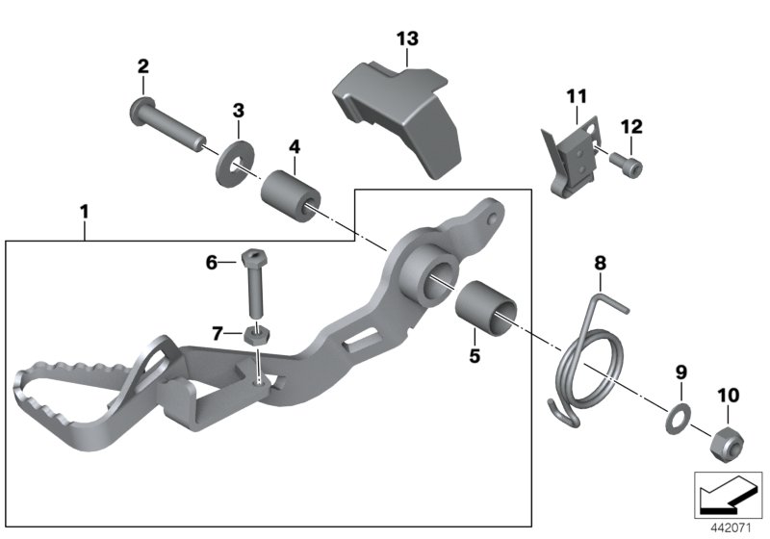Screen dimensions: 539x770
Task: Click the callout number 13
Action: [407, 38]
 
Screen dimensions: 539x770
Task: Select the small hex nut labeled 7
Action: [255, 336]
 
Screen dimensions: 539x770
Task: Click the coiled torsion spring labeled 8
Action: [588, 361]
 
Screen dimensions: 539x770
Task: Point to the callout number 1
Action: [85, 209]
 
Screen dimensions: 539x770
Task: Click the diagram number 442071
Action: [731, 526]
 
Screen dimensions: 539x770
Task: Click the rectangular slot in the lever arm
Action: [360, 336]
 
